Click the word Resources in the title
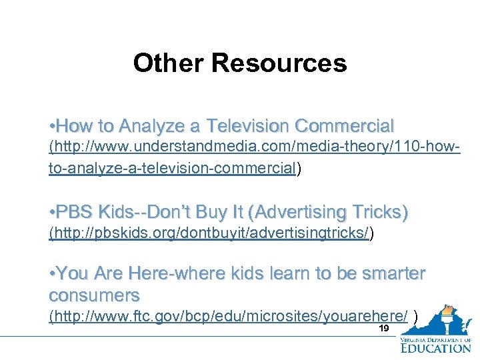(x=279, y=63)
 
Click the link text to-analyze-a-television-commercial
(x=172, y=169)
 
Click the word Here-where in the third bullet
(x=173, y=274)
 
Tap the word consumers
(x=94, y=294)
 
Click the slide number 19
(x=383, y=329)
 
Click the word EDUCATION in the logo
(x=435, y=347)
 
